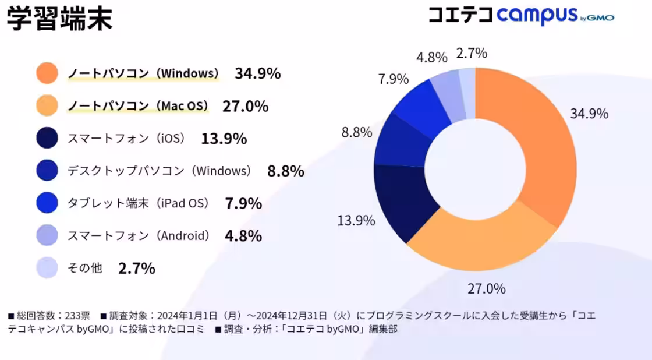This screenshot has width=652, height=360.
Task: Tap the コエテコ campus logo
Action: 520,16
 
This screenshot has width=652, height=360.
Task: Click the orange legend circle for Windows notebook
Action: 47,73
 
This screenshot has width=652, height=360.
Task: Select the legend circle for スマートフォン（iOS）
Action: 47,139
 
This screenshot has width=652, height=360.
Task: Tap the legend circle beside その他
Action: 47,268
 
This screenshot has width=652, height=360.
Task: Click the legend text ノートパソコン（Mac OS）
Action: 138,106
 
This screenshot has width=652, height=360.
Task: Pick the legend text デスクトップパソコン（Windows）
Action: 160,171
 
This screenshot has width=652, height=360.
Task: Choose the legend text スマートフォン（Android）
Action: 139,236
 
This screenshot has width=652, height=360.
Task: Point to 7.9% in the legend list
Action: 243,204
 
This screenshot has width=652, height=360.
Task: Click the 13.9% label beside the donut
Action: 356,221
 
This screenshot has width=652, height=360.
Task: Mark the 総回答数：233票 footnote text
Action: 49,316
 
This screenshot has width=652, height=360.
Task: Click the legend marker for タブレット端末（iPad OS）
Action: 47,203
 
